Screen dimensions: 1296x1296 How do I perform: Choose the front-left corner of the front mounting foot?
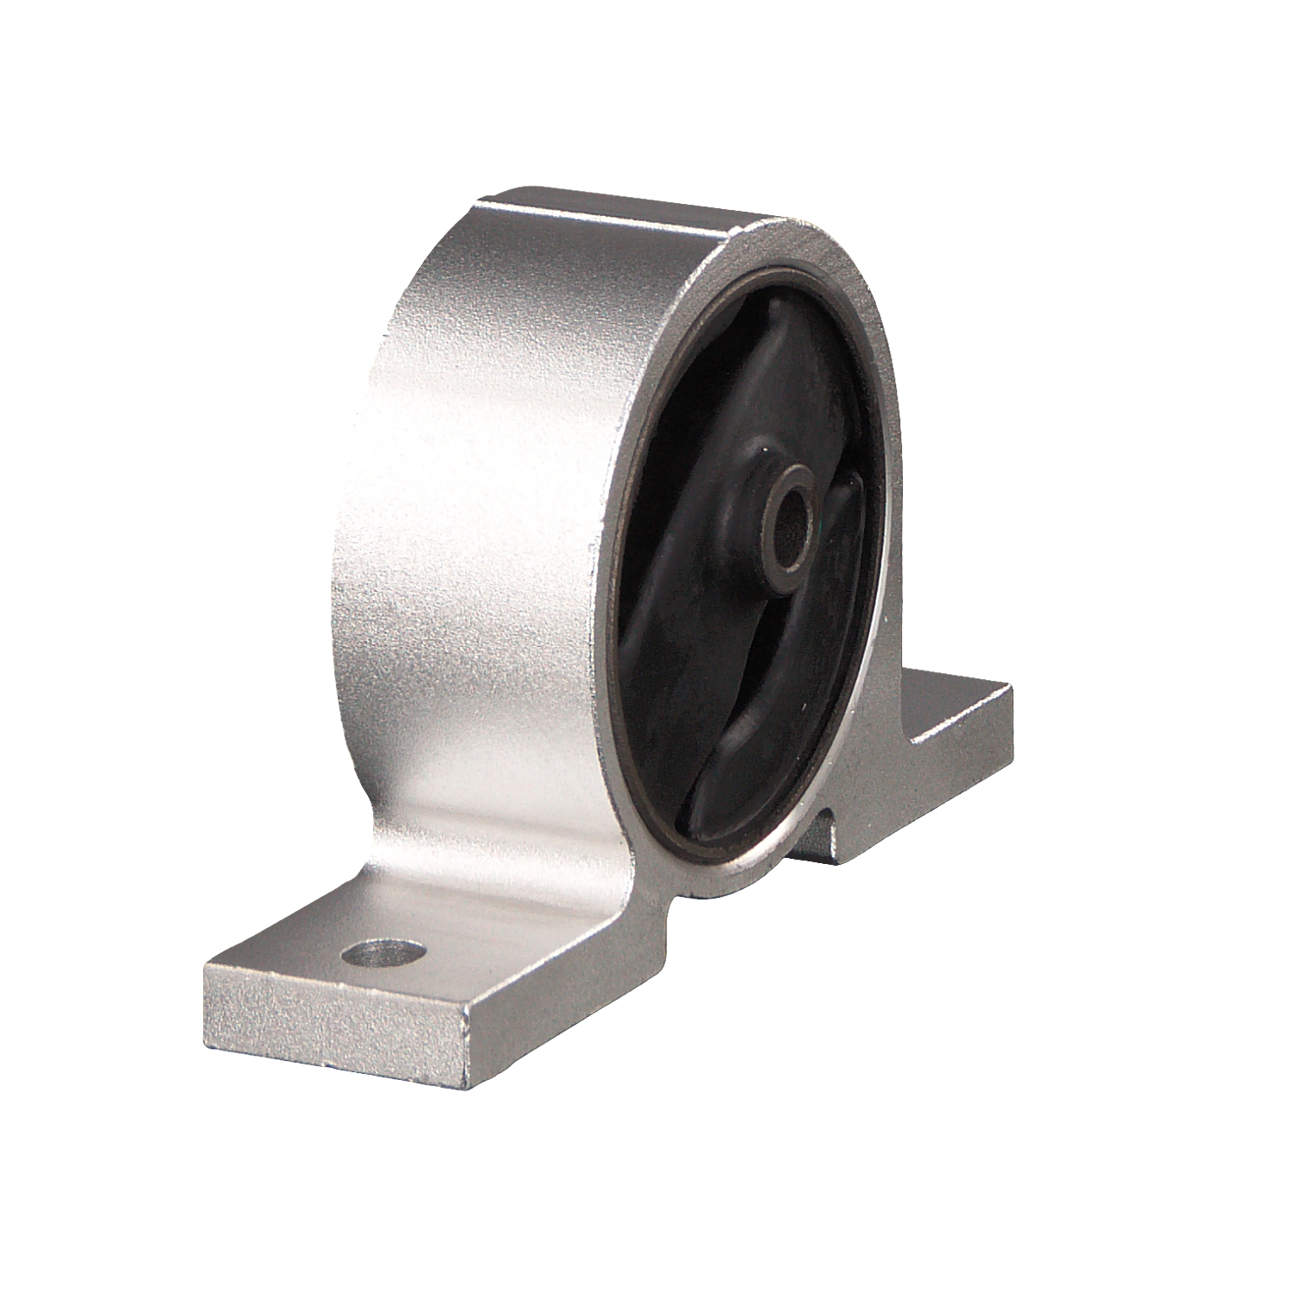click(x=207, y=963)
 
